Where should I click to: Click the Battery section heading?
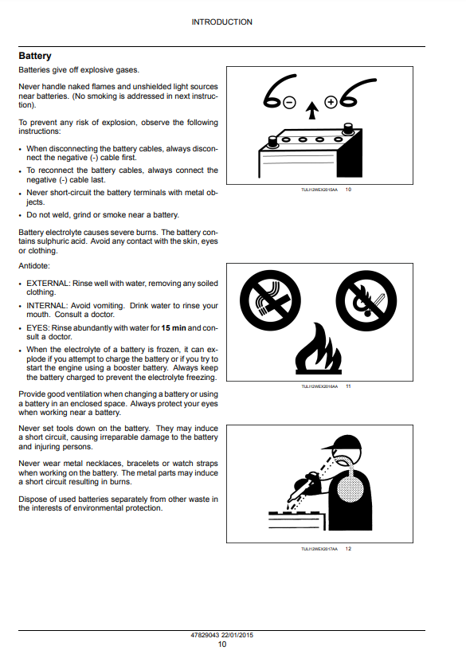[x=35, y=56]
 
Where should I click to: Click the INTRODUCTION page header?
[x=221, y=22]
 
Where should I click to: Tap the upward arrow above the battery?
[x=312, y=110]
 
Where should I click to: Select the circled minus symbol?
[x=289, y=103]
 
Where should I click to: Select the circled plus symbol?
[x=331, y=102]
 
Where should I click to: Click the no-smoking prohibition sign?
[x=270, y=300]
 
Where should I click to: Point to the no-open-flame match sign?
[x=366, y=300]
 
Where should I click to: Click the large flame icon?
[x=319, y=348]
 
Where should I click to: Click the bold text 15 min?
[x=174, y=328]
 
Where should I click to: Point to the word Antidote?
[x=33, y=266]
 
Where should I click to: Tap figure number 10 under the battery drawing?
[x=348, y=190]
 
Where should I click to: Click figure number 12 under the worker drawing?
[x=348, y=549]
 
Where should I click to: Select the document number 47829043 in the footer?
[x=205, y=635]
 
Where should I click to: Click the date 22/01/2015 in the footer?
[x=237, y=635]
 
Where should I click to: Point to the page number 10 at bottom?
[x=222, y=644]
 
